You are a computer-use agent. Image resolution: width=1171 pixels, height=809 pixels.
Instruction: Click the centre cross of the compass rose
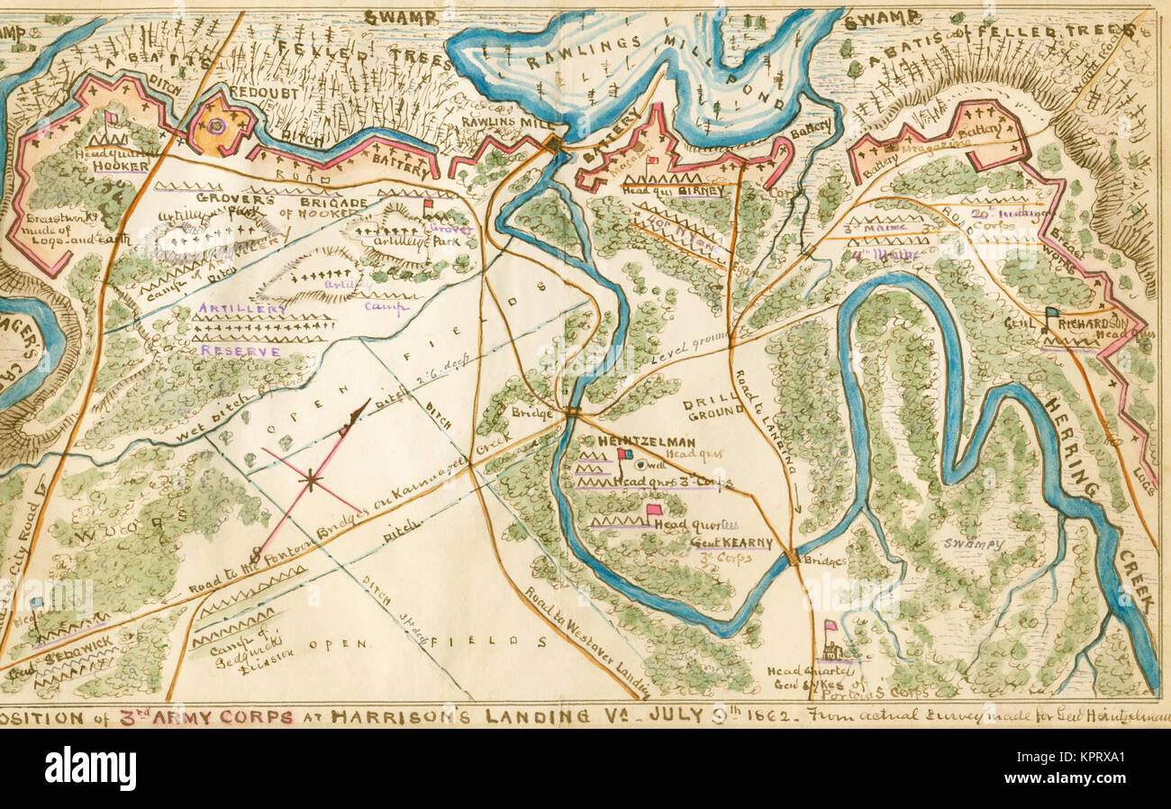tap(311, 481)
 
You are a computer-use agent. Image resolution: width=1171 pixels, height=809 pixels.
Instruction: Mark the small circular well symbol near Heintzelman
tap(640, 465)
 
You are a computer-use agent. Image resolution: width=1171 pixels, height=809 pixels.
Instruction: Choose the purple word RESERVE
tap(240, 350)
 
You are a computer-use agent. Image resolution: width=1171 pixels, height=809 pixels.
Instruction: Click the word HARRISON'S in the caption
tap(392, 718)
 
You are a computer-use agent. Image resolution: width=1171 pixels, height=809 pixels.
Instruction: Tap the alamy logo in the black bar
tap(90, 768)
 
